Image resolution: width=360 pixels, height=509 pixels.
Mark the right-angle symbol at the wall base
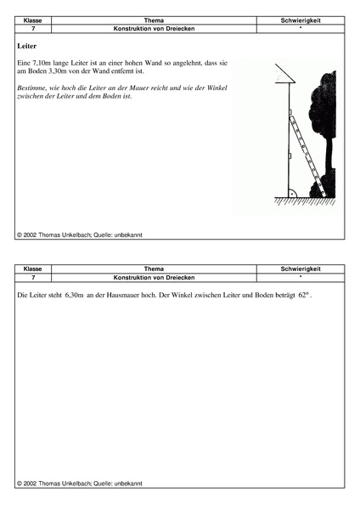[x=291, y=193]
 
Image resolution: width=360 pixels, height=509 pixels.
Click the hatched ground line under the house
[x=304, y=201]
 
